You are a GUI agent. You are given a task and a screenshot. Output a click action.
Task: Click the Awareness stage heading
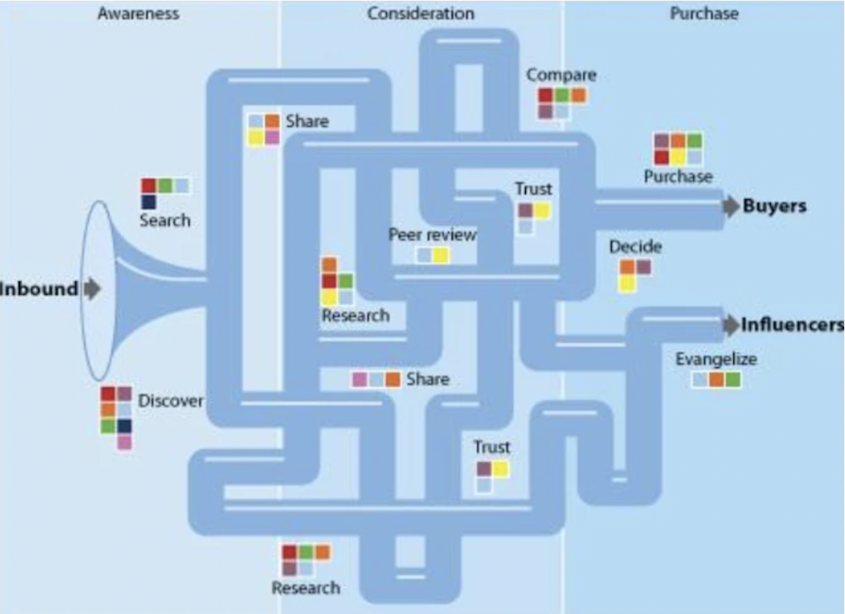tap(138, 14)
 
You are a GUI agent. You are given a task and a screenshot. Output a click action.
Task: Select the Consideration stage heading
tap(421, 14)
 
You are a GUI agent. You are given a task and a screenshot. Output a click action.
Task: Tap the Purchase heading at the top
tap(704, 14)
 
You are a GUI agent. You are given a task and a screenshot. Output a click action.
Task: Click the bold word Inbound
tap(38, 289)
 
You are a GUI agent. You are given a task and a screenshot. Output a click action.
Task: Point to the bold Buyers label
tap(775, 207)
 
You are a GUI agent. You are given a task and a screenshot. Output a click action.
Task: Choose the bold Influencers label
tap(792, 325)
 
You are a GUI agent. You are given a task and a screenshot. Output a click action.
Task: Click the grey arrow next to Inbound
tap(92, 289)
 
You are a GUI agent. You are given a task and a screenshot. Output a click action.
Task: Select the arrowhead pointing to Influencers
tap(731, 326)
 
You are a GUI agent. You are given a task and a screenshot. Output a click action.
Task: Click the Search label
tap(164, 221)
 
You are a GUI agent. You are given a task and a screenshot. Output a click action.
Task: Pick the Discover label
tap(171, 401)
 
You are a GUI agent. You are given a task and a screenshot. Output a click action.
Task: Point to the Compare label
tap(561, 75)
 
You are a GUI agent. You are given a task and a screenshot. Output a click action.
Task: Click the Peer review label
tap(433, 235)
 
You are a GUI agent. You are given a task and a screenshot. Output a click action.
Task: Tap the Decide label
tap(635, 247)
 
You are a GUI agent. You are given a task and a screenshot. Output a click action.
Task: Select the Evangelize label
tap(715, 359)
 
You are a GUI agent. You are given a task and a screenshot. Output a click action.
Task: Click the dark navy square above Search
tap(148, 202)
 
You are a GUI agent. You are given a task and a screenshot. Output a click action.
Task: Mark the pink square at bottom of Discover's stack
tap(124, 442)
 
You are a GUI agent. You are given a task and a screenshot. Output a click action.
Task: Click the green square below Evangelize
tap(732, 379)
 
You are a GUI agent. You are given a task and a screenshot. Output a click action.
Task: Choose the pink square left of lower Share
tap(359, 379)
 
